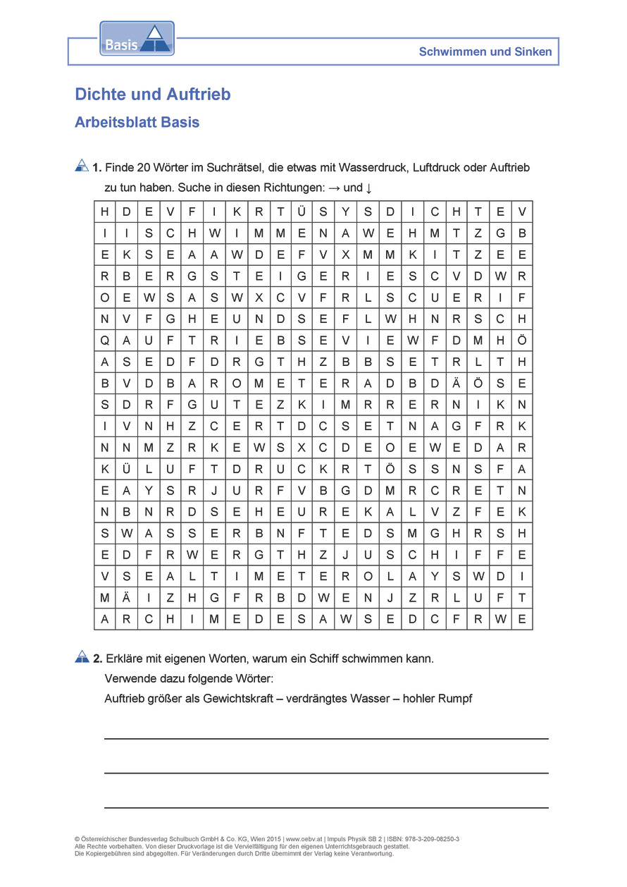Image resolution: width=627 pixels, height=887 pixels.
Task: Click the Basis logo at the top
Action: [137, 39]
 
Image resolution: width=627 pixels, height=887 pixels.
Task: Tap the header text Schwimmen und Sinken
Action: [485, 51]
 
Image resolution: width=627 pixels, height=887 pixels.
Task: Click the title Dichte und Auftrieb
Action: [153, 94]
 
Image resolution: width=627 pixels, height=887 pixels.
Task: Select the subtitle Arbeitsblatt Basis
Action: [137, 123]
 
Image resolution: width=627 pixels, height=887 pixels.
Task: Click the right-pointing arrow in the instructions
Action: [335, 188]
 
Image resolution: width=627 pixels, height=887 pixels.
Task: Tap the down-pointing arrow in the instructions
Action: [369, 188]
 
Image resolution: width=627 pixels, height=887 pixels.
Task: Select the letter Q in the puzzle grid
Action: [105, 341]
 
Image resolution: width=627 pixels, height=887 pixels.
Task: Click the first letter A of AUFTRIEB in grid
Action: [127, 341]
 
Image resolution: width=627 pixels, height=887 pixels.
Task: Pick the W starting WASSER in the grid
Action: [127, 533]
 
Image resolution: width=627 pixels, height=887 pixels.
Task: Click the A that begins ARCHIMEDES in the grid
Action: [105, 620]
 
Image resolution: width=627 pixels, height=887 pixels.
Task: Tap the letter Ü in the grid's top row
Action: [302, 212]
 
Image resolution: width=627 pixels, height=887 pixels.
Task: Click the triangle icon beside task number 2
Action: [82, 657]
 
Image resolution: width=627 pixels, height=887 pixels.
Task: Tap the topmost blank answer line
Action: [326, 738]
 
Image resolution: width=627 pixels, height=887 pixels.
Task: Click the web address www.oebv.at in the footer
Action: [305, 839]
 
